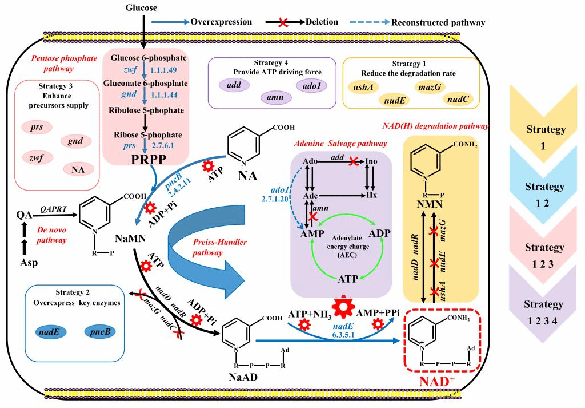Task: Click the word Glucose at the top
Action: [x=141, y=7]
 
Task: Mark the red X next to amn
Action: [x=312, y=216]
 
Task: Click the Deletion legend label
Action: [x=321, y=22]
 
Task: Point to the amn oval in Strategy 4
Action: [x=275, y=98]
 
